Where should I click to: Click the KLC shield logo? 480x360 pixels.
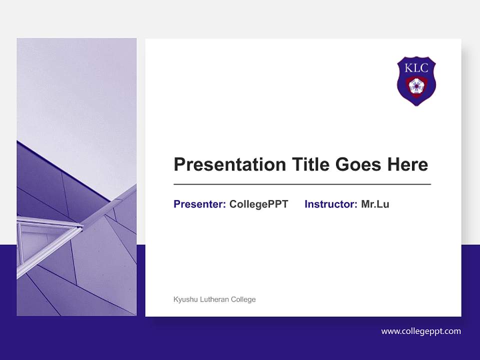point(416,80)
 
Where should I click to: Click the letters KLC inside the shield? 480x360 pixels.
point(416,68)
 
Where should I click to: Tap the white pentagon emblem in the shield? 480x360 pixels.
point(416,85)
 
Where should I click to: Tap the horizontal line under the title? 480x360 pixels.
point(302,184)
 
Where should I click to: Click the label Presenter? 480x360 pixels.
point(199,204)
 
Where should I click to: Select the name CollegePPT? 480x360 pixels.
point(258,204)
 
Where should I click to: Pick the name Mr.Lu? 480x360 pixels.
point(375,204)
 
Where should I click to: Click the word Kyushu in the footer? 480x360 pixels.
point(184,299)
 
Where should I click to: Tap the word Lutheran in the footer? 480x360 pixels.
point(215,299)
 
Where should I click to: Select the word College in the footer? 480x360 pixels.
point(244,299)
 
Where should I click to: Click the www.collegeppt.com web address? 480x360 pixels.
point(421,331)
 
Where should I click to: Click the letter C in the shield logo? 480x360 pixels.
point(424,68)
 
